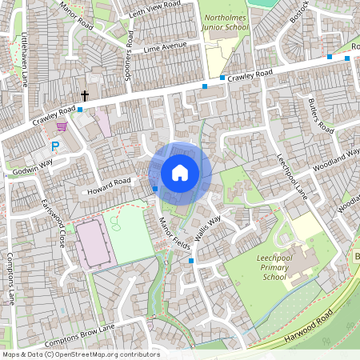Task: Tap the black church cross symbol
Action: (84, 95)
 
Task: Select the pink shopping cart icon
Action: (62, 126)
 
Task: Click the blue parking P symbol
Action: (55, 146)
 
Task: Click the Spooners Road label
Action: (129, 50)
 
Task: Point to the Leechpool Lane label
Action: (291, 176)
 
